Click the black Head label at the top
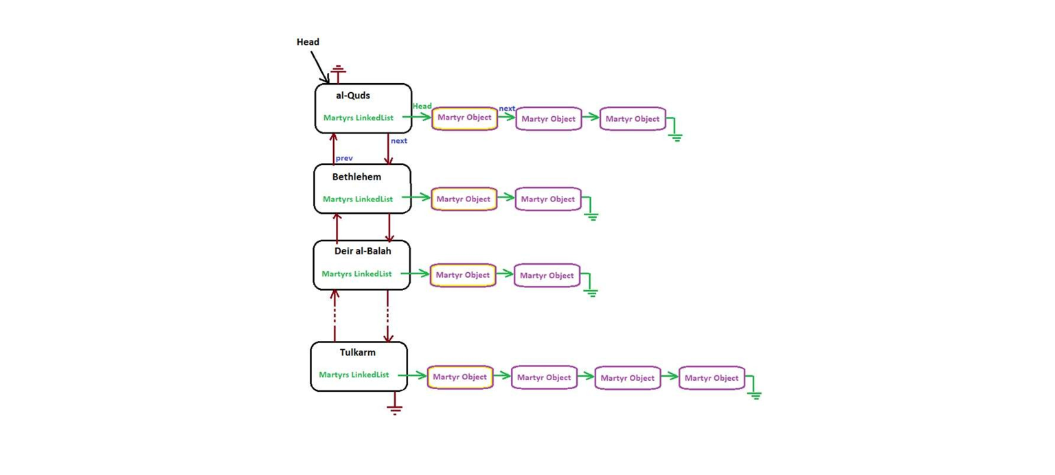308,42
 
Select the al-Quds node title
352,96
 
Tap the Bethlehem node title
356,177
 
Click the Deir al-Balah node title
363,251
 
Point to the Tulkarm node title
357,353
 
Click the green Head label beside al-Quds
422,106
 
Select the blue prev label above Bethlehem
344,158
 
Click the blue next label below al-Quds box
398,141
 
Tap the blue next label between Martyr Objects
507,109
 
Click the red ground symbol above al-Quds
337,71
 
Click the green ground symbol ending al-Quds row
676,135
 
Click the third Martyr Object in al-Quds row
633,119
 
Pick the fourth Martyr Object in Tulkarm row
712,378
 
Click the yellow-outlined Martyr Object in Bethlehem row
464,199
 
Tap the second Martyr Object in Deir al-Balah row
547,276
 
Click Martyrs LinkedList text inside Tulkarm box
354,375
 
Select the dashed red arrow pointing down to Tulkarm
388,316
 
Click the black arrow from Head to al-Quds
319,67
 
